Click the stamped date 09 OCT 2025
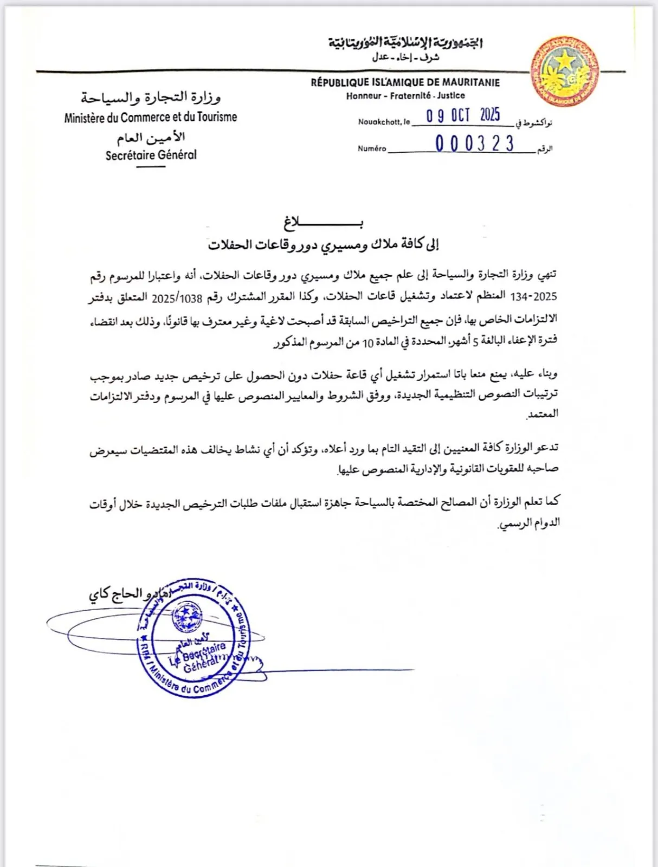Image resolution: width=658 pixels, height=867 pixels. click(x=463, y=115)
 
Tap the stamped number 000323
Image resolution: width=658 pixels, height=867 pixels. click(x=474, y=144)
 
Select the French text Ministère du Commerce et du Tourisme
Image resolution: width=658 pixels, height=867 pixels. click(x=151, y=117)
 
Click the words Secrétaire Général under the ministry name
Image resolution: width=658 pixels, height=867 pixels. click(x=151, y=155)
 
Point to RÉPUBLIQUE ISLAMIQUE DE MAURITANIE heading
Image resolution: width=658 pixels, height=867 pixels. click(x=405, y=82)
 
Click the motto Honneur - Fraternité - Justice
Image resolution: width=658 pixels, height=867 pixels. click(x=405, y=96)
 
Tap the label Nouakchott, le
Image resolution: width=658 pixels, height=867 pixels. click(x=384, y=122)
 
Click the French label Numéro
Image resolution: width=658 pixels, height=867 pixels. click(x=372, y=148)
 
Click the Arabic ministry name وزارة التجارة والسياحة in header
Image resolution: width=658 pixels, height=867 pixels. click(x=151, y=98)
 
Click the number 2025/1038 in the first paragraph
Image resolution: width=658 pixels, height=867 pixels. click(x=177, y=298)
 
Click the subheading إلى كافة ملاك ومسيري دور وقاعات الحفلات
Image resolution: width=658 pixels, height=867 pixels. click(x=323, y=245)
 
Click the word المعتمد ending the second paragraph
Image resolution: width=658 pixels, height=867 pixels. click(x=543, y=414)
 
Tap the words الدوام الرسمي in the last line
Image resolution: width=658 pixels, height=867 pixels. click(x=529, y=523)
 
